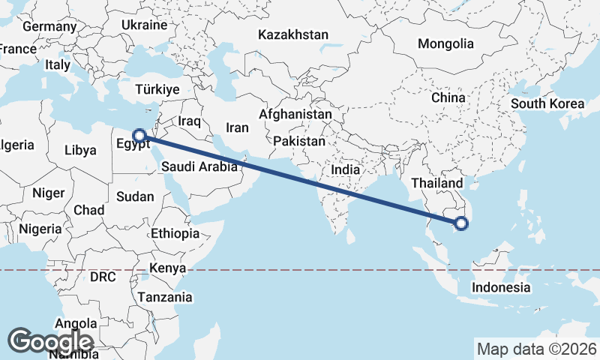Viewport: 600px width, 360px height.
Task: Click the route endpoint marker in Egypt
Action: (139, 136)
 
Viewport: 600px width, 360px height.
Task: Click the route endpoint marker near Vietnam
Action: (461, 223)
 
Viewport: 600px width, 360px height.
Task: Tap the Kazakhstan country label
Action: (292, 34)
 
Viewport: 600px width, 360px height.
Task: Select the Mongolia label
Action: (445, 43)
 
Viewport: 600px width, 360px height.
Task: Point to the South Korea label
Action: (547, 103)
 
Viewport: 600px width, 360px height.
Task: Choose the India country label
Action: (346, 170)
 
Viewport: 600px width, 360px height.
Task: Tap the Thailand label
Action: (436, 183)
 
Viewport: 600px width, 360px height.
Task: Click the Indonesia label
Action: (501, 287)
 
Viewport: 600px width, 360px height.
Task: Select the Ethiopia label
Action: (175, 233)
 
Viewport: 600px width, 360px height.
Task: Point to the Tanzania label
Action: (164, 297)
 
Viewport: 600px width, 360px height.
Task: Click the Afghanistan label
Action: (295, 115)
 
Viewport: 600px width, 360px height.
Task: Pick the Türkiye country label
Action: (157, 89)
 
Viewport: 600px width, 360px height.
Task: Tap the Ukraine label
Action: (144, 25)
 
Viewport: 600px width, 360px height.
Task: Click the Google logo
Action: (50, 341)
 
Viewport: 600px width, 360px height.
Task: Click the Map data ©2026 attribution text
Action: (536, 349)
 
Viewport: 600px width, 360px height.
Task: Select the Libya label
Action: (80, 150)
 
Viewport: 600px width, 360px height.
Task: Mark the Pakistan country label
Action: (299, 141)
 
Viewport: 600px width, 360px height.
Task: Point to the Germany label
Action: (49, 27)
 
